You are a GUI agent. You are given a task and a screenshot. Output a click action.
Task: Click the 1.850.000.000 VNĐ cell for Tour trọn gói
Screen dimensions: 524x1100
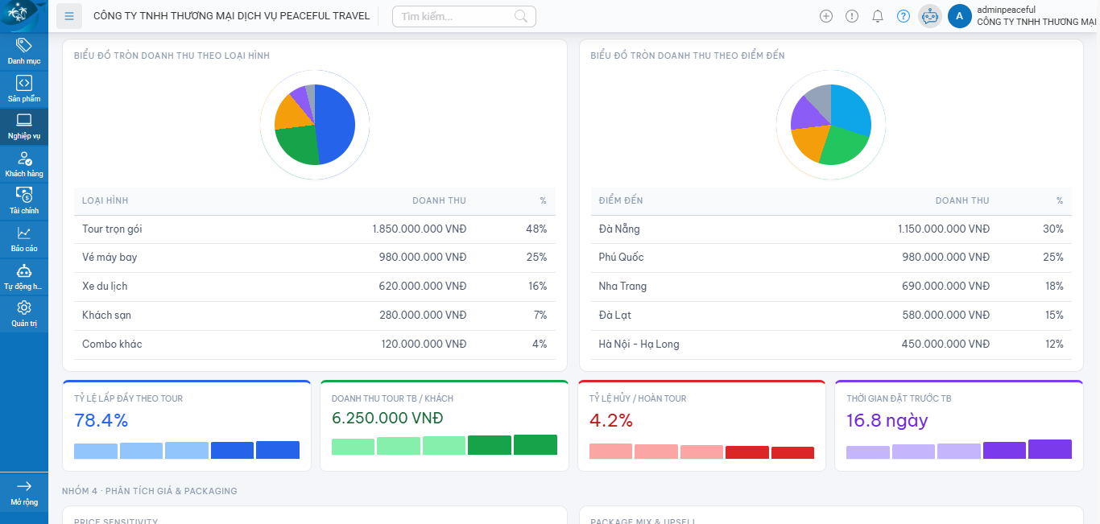(419, 229)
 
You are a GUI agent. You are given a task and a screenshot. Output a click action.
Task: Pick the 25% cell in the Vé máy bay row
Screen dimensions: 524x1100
(537, 258)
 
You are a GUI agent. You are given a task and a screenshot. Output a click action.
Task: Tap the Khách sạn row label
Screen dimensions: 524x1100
(106, 316)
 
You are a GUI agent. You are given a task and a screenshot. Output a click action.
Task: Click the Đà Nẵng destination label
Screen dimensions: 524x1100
(619, 229)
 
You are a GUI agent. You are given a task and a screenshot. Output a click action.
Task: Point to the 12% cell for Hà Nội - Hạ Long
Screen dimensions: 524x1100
(1054, 345)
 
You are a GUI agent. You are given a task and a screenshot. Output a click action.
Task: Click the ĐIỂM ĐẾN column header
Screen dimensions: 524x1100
(621, 200)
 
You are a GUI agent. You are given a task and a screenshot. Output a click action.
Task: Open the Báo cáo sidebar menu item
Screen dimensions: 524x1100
(24, 239)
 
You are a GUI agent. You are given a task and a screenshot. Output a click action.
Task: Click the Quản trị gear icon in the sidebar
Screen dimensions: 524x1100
(24, 308)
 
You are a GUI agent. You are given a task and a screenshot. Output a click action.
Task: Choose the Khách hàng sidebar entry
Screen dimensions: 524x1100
(24, 164)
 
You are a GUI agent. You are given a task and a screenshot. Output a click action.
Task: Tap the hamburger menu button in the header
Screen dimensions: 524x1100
(70, 16)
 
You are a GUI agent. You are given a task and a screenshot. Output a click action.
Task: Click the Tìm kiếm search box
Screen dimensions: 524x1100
(455, 16)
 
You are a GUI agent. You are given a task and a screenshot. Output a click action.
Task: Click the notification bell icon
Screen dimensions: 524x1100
(878, 16)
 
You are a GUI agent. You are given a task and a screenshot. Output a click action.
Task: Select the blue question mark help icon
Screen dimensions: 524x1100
(904, 16)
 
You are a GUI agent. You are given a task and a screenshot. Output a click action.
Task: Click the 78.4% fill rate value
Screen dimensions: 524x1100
(101, 420)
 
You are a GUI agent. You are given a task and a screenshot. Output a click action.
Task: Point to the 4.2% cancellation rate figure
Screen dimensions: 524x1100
(611, 420)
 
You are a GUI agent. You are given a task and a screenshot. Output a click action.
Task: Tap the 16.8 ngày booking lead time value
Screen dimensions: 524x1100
(887, 420)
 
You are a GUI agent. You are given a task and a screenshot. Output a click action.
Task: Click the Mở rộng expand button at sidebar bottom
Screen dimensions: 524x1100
(24, 492)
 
